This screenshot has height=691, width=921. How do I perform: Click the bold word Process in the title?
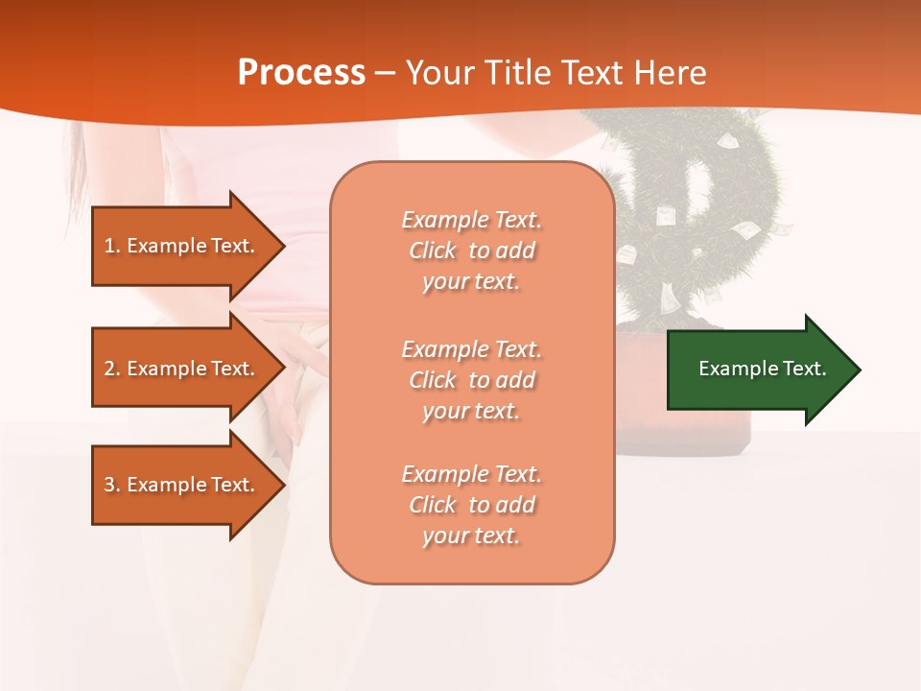(301, 73)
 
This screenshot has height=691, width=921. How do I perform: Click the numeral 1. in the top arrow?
(112, 246)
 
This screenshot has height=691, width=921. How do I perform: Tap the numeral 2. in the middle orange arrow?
(112, 369)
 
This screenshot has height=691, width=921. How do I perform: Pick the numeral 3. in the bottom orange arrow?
(112, 485)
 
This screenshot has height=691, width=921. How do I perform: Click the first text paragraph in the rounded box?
(471, 250)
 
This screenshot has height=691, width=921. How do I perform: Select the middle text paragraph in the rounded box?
(471, 380)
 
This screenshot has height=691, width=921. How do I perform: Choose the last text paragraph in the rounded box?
(471, 505)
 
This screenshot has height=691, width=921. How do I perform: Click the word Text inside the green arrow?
(805, 369)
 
